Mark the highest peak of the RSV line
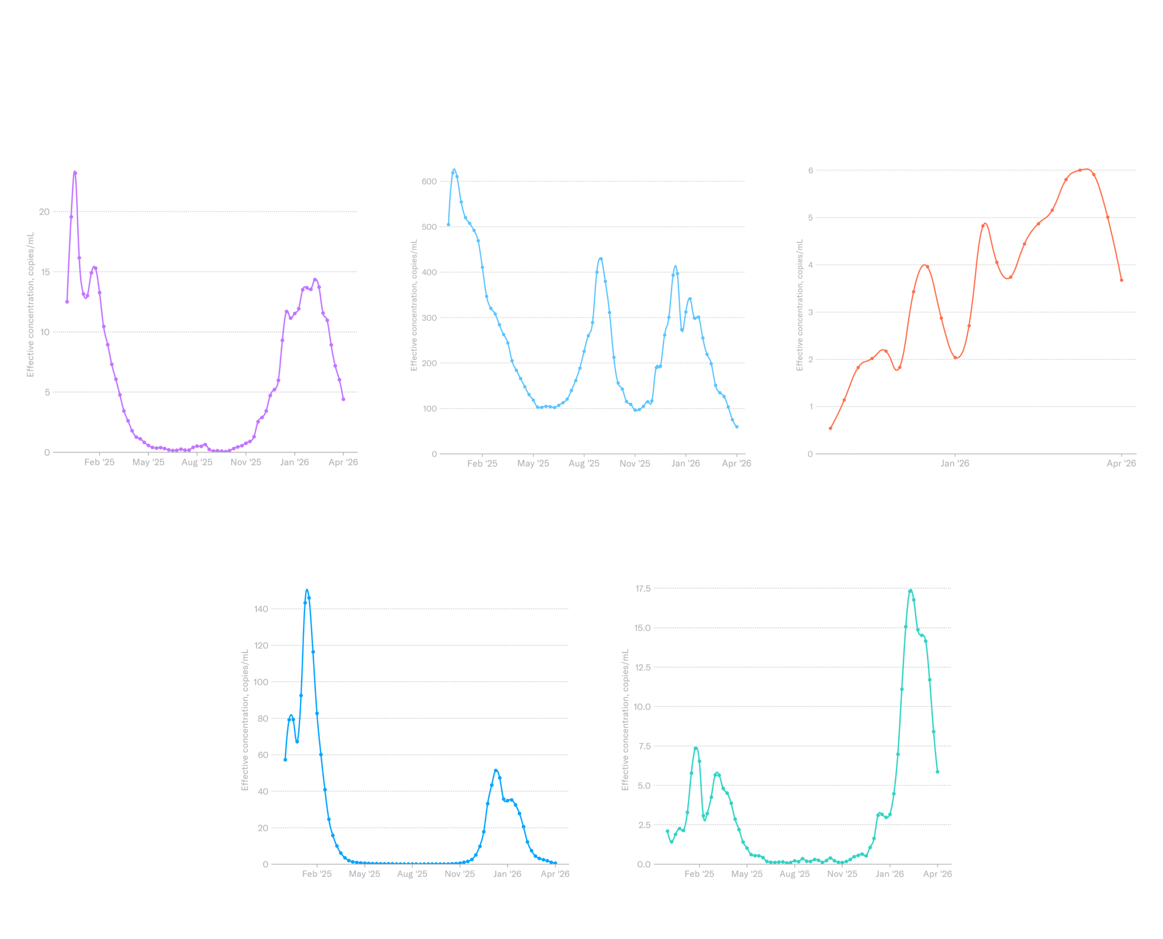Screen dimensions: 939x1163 click(75, 172)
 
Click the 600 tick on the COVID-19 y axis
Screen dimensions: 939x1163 click(429, 182)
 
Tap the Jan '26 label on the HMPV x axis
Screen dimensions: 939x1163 click(954, 463)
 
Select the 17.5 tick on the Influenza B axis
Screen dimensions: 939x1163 click(643, 588)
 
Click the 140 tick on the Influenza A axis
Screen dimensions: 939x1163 click(261, 609)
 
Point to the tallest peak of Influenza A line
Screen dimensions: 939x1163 click(307, 590)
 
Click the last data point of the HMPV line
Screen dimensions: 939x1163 click(1121, 280)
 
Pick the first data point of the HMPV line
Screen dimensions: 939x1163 click(830, 428)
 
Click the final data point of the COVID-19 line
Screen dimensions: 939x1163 click(736, 427)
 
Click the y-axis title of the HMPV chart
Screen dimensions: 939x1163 click(799, 306)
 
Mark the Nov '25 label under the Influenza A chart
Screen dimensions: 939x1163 click(459, 874)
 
